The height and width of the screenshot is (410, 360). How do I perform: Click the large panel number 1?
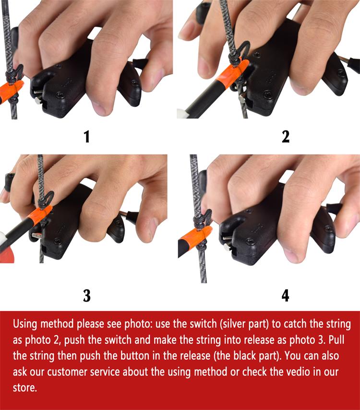(87, 137)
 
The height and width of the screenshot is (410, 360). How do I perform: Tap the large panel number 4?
(286, 295)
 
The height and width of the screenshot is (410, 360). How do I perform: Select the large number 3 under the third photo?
(87, 295)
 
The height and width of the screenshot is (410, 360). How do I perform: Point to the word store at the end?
(24, 387)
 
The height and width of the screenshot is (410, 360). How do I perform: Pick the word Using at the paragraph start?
(25, 324)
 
